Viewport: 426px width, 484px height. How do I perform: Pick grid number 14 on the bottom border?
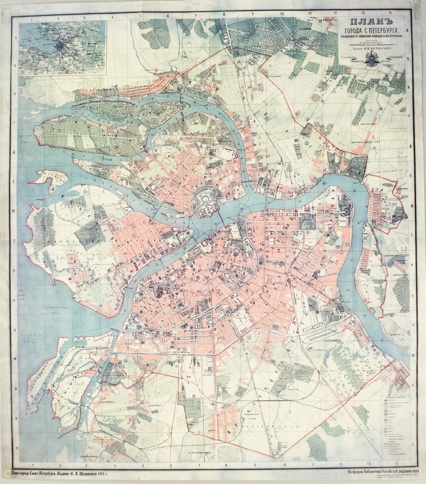click(x=396, y=463)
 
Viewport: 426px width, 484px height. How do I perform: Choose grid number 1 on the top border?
click(x=31, y=18)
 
